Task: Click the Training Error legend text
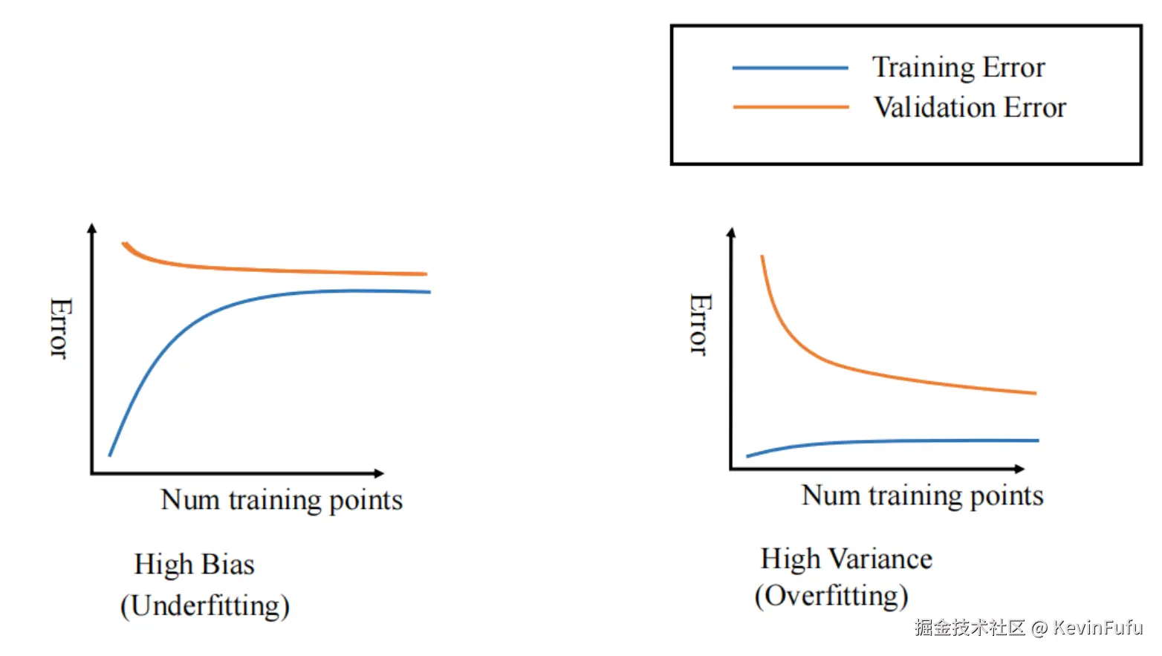958,68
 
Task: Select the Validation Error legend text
970,108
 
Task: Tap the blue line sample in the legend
790,68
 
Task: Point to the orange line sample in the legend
790,107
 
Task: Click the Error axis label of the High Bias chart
59,328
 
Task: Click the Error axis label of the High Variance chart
700,325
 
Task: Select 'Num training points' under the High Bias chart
282,500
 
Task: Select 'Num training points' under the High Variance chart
922,496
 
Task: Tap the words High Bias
194,565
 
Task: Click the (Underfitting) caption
205,605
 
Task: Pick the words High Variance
846,559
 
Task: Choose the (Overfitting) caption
831,596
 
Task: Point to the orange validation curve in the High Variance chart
854,368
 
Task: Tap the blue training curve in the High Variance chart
892,441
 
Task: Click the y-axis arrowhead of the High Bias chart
91,228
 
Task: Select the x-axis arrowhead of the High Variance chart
1019,469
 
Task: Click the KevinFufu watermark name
1097,628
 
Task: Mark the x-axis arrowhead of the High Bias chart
379,473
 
